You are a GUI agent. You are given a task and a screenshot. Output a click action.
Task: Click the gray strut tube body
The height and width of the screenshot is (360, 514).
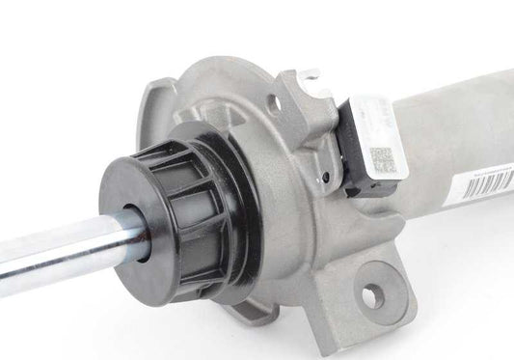coord(453,135)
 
